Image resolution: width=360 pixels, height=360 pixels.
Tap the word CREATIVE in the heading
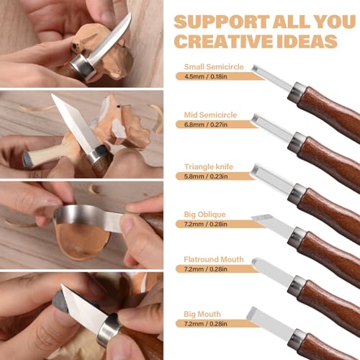pos(217,40)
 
